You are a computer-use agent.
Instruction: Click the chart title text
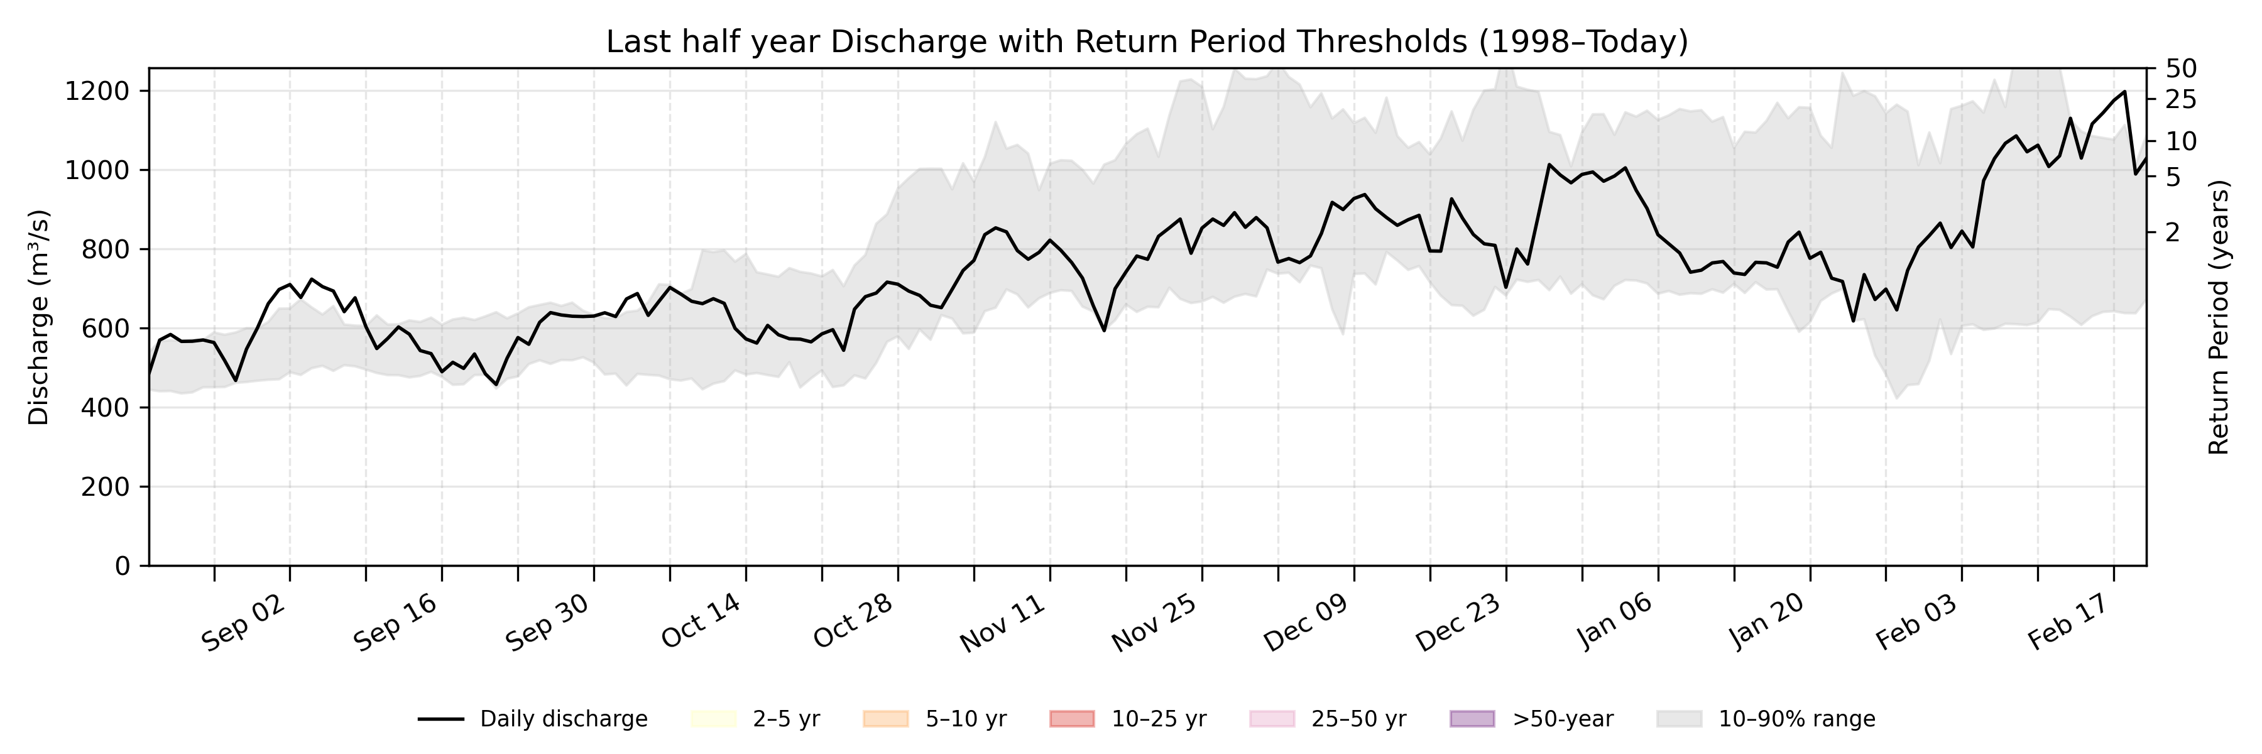[1147, 41]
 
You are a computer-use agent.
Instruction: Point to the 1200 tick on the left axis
[97, 91]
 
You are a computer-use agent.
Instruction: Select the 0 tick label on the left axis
[122, 566]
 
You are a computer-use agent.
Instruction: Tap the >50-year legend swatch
[1472, 719]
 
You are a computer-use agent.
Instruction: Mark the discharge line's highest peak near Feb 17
[2124, 91]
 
